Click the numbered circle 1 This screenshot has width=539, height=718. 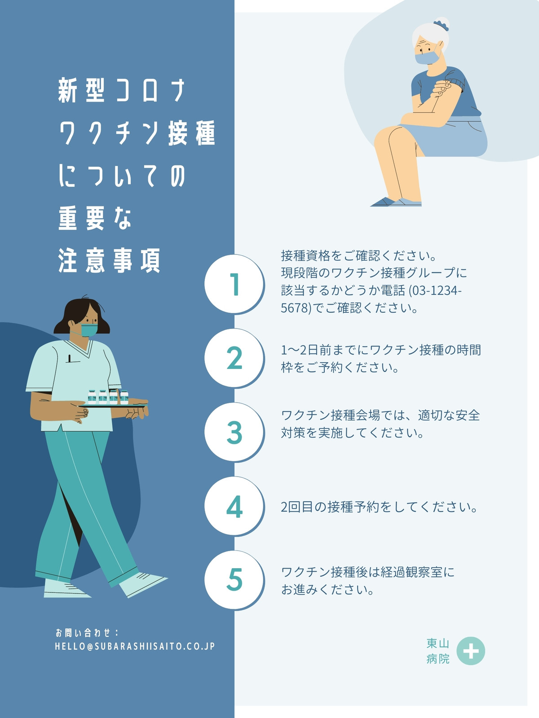(x=234, y=284)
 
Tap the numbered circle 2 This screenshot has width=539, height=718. (x=234, y=358)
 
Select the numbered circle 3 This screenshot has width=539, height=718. (x=234, y=432)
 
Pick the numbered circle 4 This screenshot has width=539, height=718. (x=234, y=506)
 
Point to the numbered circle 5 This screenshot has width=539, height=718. (x=234, y=580)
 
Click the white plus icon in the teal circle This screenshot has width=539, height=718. (x=471, y=651)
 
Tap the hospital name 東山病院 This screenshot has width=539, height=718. (x=438, y=651)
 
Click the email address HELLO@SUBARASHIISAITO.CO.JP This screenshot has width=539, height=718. (x=135, y=647)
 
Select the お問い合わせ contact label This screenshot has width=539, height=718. (x=86, y=633)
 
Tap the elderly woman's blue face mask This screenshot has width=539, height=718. (x=428, y=57)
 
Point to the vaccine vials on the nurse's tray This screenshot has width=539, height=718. (x=108, y=397)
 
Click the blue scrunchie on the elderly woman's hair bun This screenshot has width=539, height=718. (x=441, y=25)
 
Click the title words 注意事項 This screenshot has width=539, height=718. (x=109, y=260)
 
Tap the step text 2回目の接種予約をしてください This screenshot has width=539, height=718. (x=379, y=507)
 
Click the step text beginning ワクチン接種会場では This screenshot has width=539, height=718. (x=380, y=424)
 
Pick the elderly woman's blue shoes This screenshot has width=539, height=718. (x=396, y=202)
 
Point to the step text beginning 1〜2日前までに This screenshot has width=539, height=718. (x=381, y=359)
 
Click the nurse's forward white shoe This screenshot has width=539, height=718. (x=143, y=584)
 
